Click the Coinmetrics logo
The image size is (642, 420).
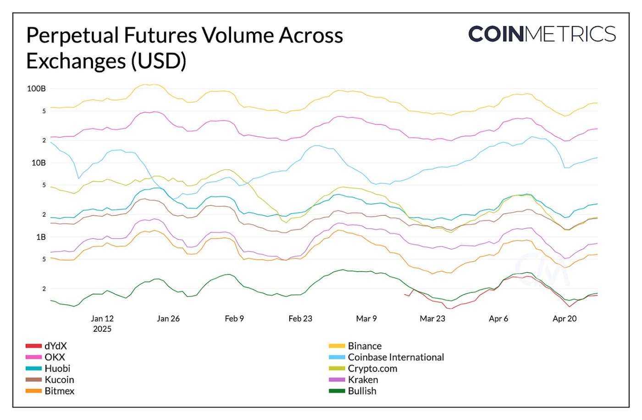(x=542, y=34)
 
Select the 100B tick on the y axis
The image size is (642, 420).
(x=36, y=89)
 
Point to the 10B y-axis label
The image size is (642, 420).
(x=39, y=163)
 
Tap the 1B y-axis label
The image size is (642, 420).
(x=41, y=237)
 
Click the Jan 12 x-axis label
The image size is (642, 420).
(x=102, y=319)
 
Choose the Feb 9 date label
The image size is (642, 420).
(x=234, y=319)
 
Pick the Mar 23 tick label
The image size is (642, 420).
(x=432, y=319)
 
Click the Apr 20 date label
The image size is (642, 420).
(x=565, y=319)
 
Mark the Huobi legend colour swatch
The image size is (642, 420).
(x=33, y=369)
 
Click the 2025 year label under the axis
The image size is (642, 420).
(x=102, y=329)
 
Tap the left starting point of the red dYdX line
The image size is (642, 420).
(x=404, y=294)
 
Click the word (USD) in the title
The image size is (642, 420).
(x=159, y=61)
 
